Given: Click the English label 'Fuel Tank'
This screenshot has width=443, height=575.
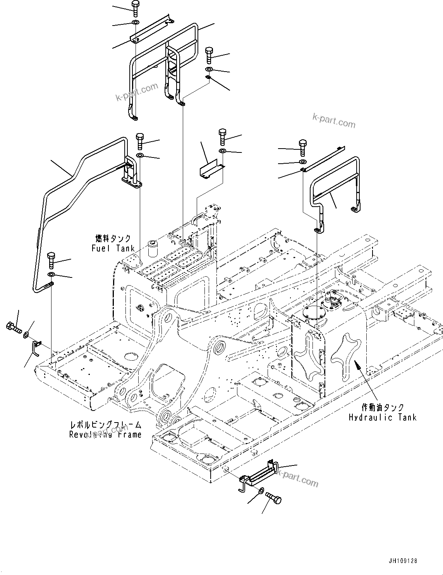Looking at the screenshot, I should [113, 248].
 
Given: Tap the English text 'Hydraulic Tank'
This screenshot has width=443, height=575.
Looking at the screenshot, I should [383, 417].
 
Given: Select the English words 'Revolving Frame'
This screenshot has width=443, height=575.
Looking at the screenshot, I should [105, 435].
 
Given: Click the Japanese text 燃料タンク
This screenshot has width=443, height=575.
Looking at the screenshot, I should [113, 238].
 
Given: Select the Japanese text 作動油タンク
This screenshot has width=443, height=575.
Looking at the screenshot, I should [383, 407].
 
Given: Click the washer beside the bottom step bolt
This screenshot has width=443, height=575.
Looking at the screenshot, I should [261, 491].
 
